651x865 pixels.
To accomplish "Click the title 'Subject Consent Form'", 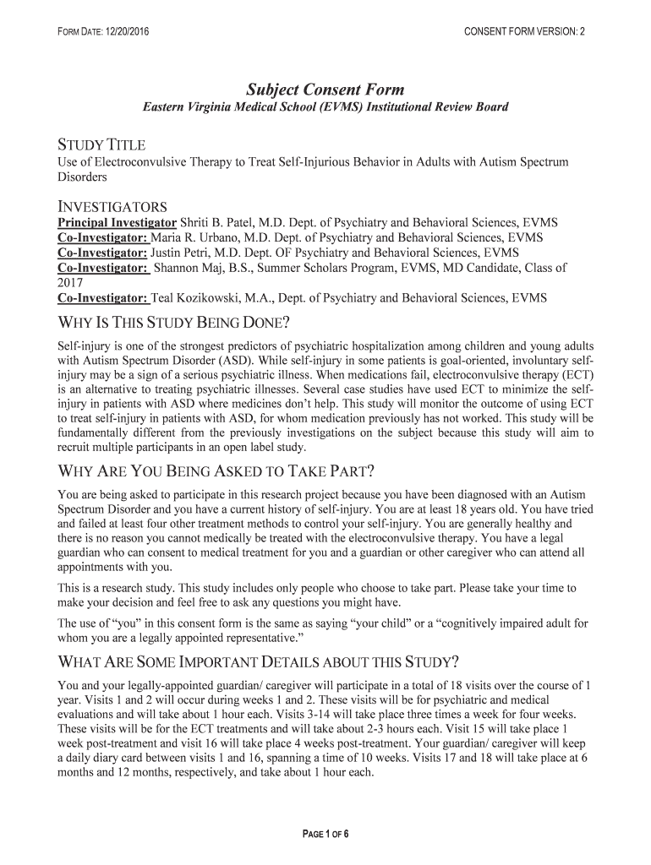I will coord(325,90).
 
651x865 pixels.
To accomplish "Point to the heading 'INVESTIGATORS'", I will coord(112,206).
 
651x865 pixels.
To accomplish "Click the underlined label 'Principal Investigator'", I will coord(117,223).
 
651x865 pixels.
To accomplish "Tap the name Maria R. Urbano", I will coord(189,237).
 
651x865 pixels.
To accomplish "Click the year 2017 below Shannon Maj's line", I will coord(70,283).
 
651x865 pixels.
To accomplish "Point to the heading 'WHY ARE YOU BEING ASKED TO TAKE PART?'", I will coord(215,471).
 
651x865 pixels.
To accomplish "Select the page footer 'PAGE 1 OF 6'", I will coord(325,835).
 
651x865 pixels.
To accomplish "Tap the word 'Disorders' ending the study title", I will coord(82,177).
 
